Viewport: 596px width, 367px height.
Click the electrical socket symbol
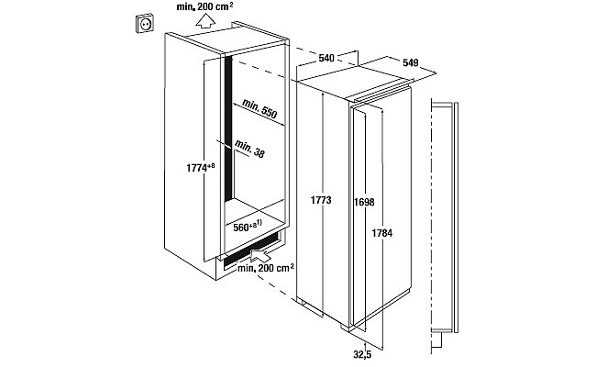(145, 23)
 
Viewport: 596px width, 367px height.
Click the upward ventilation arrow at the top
(205, 20)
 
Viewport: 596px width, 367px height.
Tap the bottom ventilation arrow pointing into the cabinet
(260, 253)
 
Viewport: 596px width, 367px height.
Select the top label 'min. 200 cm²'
(204, 6)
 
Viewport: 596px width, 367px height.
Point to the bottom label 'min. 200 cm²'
(266, 268)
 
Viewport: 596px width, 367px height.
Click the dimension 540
(326, 58)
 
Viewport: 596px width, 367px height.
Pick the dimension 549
(411, 62)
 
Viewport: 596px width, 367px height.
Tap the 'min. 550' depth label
(259, 108)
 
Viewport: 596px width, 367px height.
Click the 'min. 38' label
(249, 149)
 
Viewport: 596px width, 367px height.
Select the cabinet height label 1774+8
(201, 167)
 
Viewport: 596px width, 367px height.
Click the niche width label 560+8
(248, 227)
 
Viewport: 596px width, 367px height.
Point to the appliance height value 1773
(321, 200)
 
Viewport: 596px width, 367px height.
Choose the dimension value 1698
(364, 202)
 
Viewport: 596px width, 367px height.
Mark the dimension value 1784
(382, 233)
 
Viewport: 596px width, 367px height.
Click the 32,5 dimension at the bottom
(362, 355)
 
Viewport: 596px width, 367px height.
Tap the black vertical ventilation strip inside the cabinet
(228, 128)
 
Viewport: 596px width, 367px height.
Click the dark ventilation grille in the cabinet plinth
(252, 250)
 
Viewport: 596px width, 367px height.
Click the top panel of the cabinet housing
(236, 38)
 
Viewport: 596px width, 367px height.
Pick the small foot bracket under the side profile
(437, 340)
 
